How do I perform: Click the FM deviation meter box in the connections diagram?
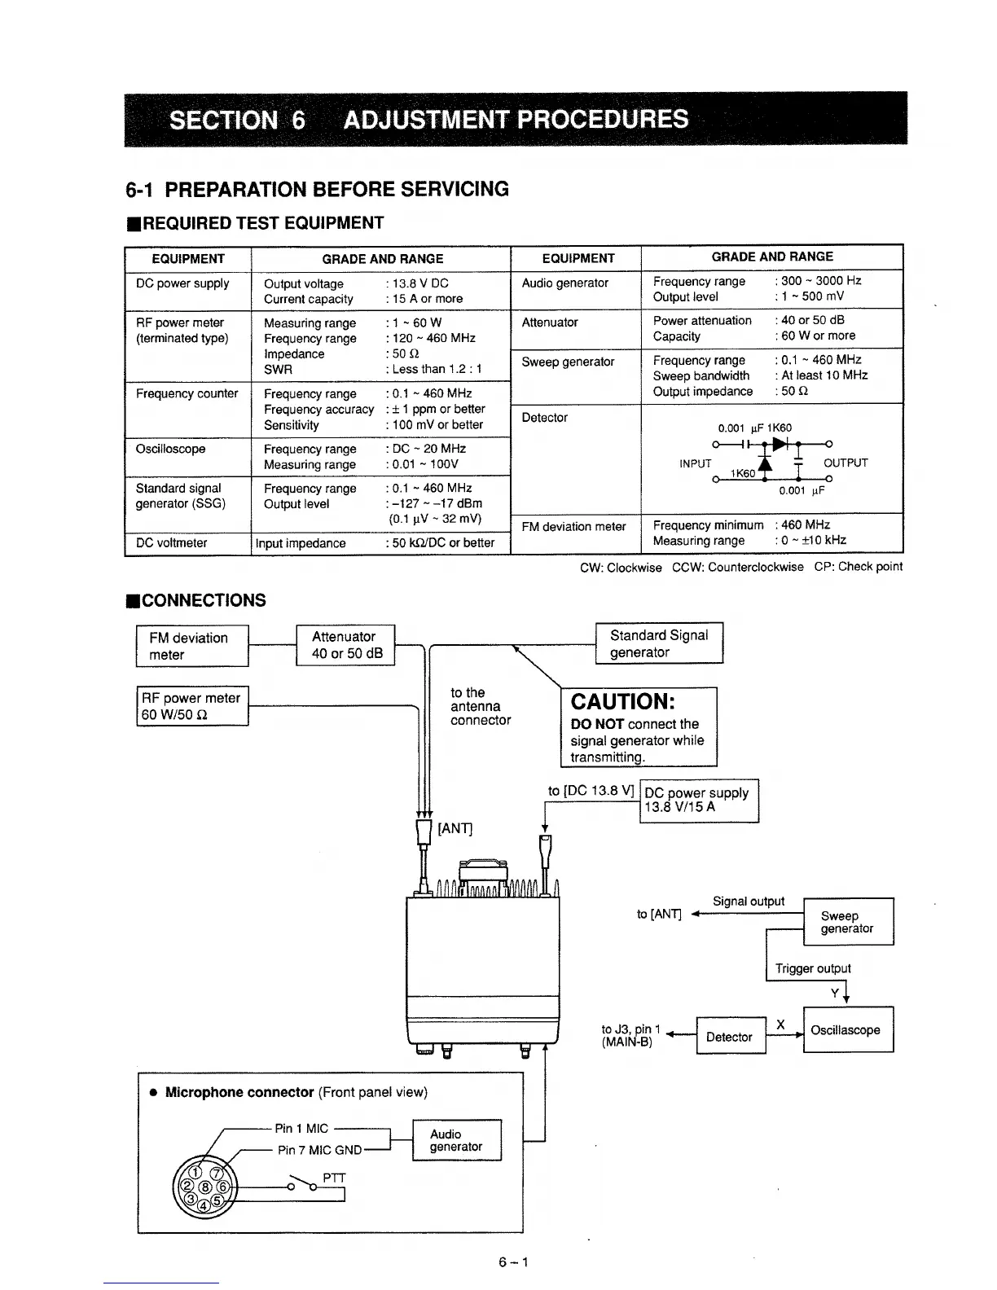coord(191,646)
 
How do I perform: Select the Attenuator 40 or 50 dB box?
coord(345,645)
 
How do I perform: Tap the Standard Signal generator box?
coord(659,643)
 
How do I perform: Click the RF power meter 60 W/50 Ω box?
coord(192,706)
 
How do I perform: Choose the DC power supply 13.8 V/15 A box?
coord(699,801)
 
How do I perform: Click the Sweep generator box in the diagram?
coord(848,922)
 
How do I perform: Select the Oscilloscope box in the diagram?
coord(848,1029)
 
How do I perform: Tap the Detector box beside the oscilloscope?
coord(730,1036)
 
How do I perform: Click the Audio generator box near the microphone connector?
coord(457,1140)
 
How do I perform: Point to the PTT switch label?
coord(335,1178)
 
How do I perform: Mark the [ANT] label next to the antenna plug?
coord(455,829)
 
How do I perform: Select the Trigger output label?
coord(812,968)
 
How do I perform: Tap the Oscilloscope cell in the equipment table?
coord(171,449)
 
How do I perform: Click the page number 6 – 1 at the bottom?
coord(514,1262)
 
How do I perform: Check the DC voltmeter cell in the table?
coord(172,542)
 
